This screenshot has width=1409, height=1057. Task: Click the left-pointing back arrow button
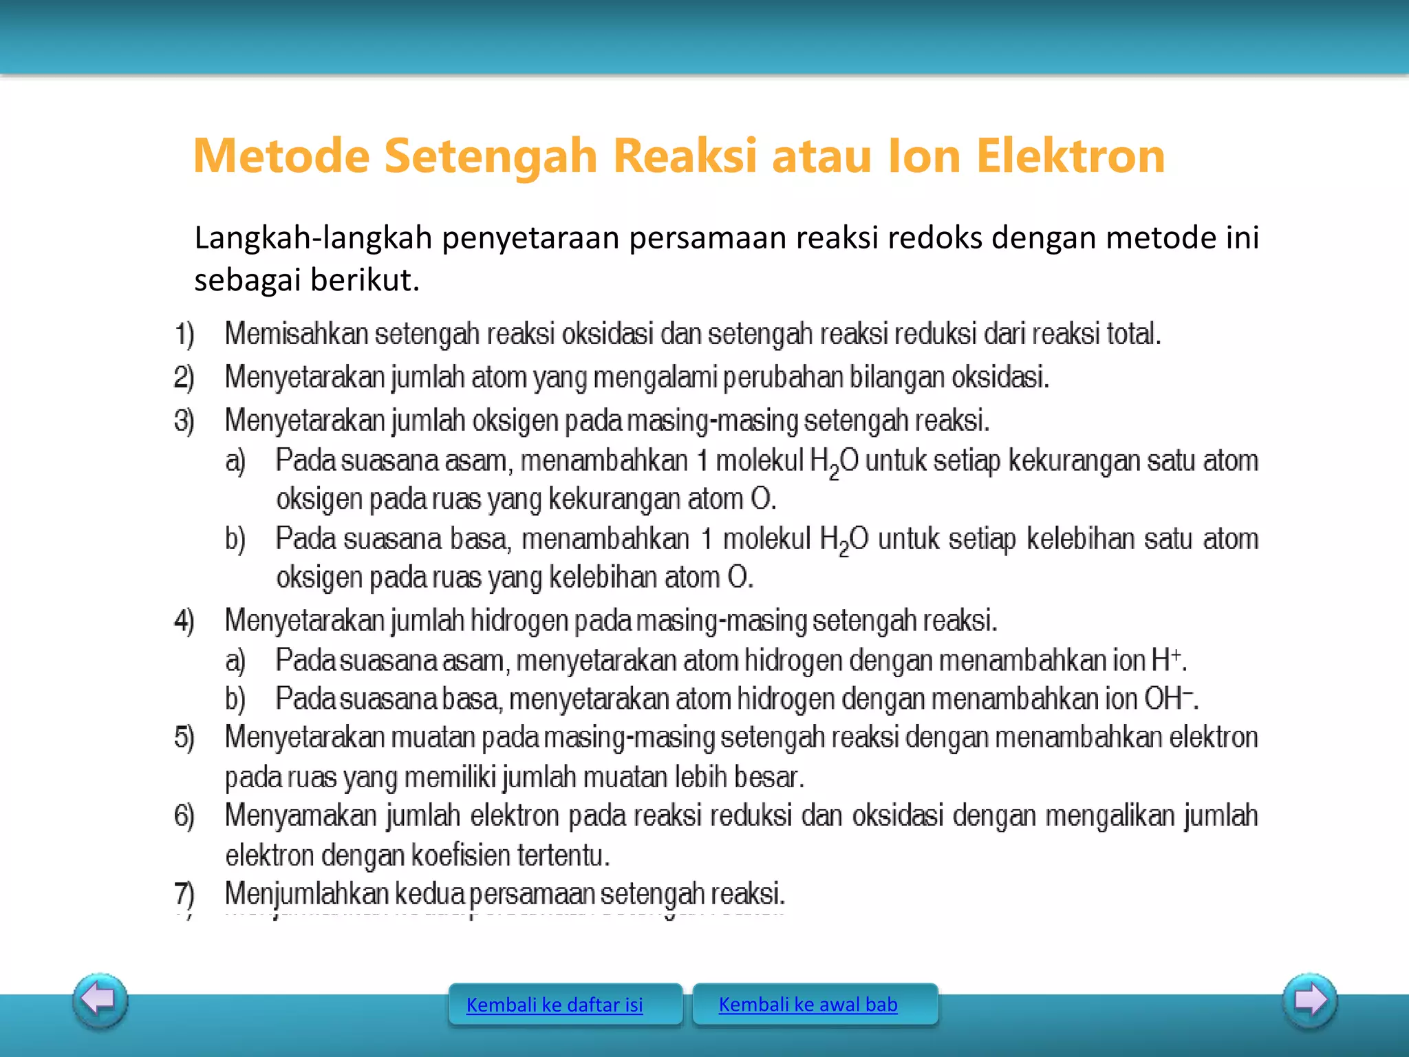[100, 1000]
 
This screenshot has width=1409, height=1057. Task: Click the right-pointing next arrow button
[1310, 1000]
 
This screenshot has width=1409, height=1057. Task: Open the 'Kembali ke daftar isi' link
[555, 1005]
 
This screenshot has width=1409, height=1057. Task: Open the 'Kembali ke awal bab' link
[808, 1004]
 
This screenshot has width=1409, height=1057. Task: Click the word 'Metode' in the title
[281, 156]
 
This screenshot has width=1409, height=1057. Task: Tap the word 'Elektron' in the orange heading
[1071, 156]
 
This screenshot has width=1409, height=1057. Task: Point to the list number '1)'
[184, 334]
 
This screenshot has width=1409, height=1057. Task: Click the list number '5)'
[184, 738]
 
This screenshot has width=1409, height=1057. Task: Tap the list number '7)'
[184, 894]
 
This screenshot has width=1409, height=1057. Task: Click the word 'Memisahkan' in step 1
[297, 334]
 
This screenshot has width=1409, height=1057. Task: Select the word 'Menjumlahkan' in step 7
[307, 894]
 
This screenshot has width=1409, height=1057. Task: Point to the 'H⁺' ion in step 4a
[1167, 660]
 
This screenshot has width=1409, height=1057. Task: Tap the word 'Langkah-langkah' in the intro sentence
[314, 237]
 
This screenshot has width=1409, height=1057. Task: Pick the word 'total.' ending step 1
[1133, 334]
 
